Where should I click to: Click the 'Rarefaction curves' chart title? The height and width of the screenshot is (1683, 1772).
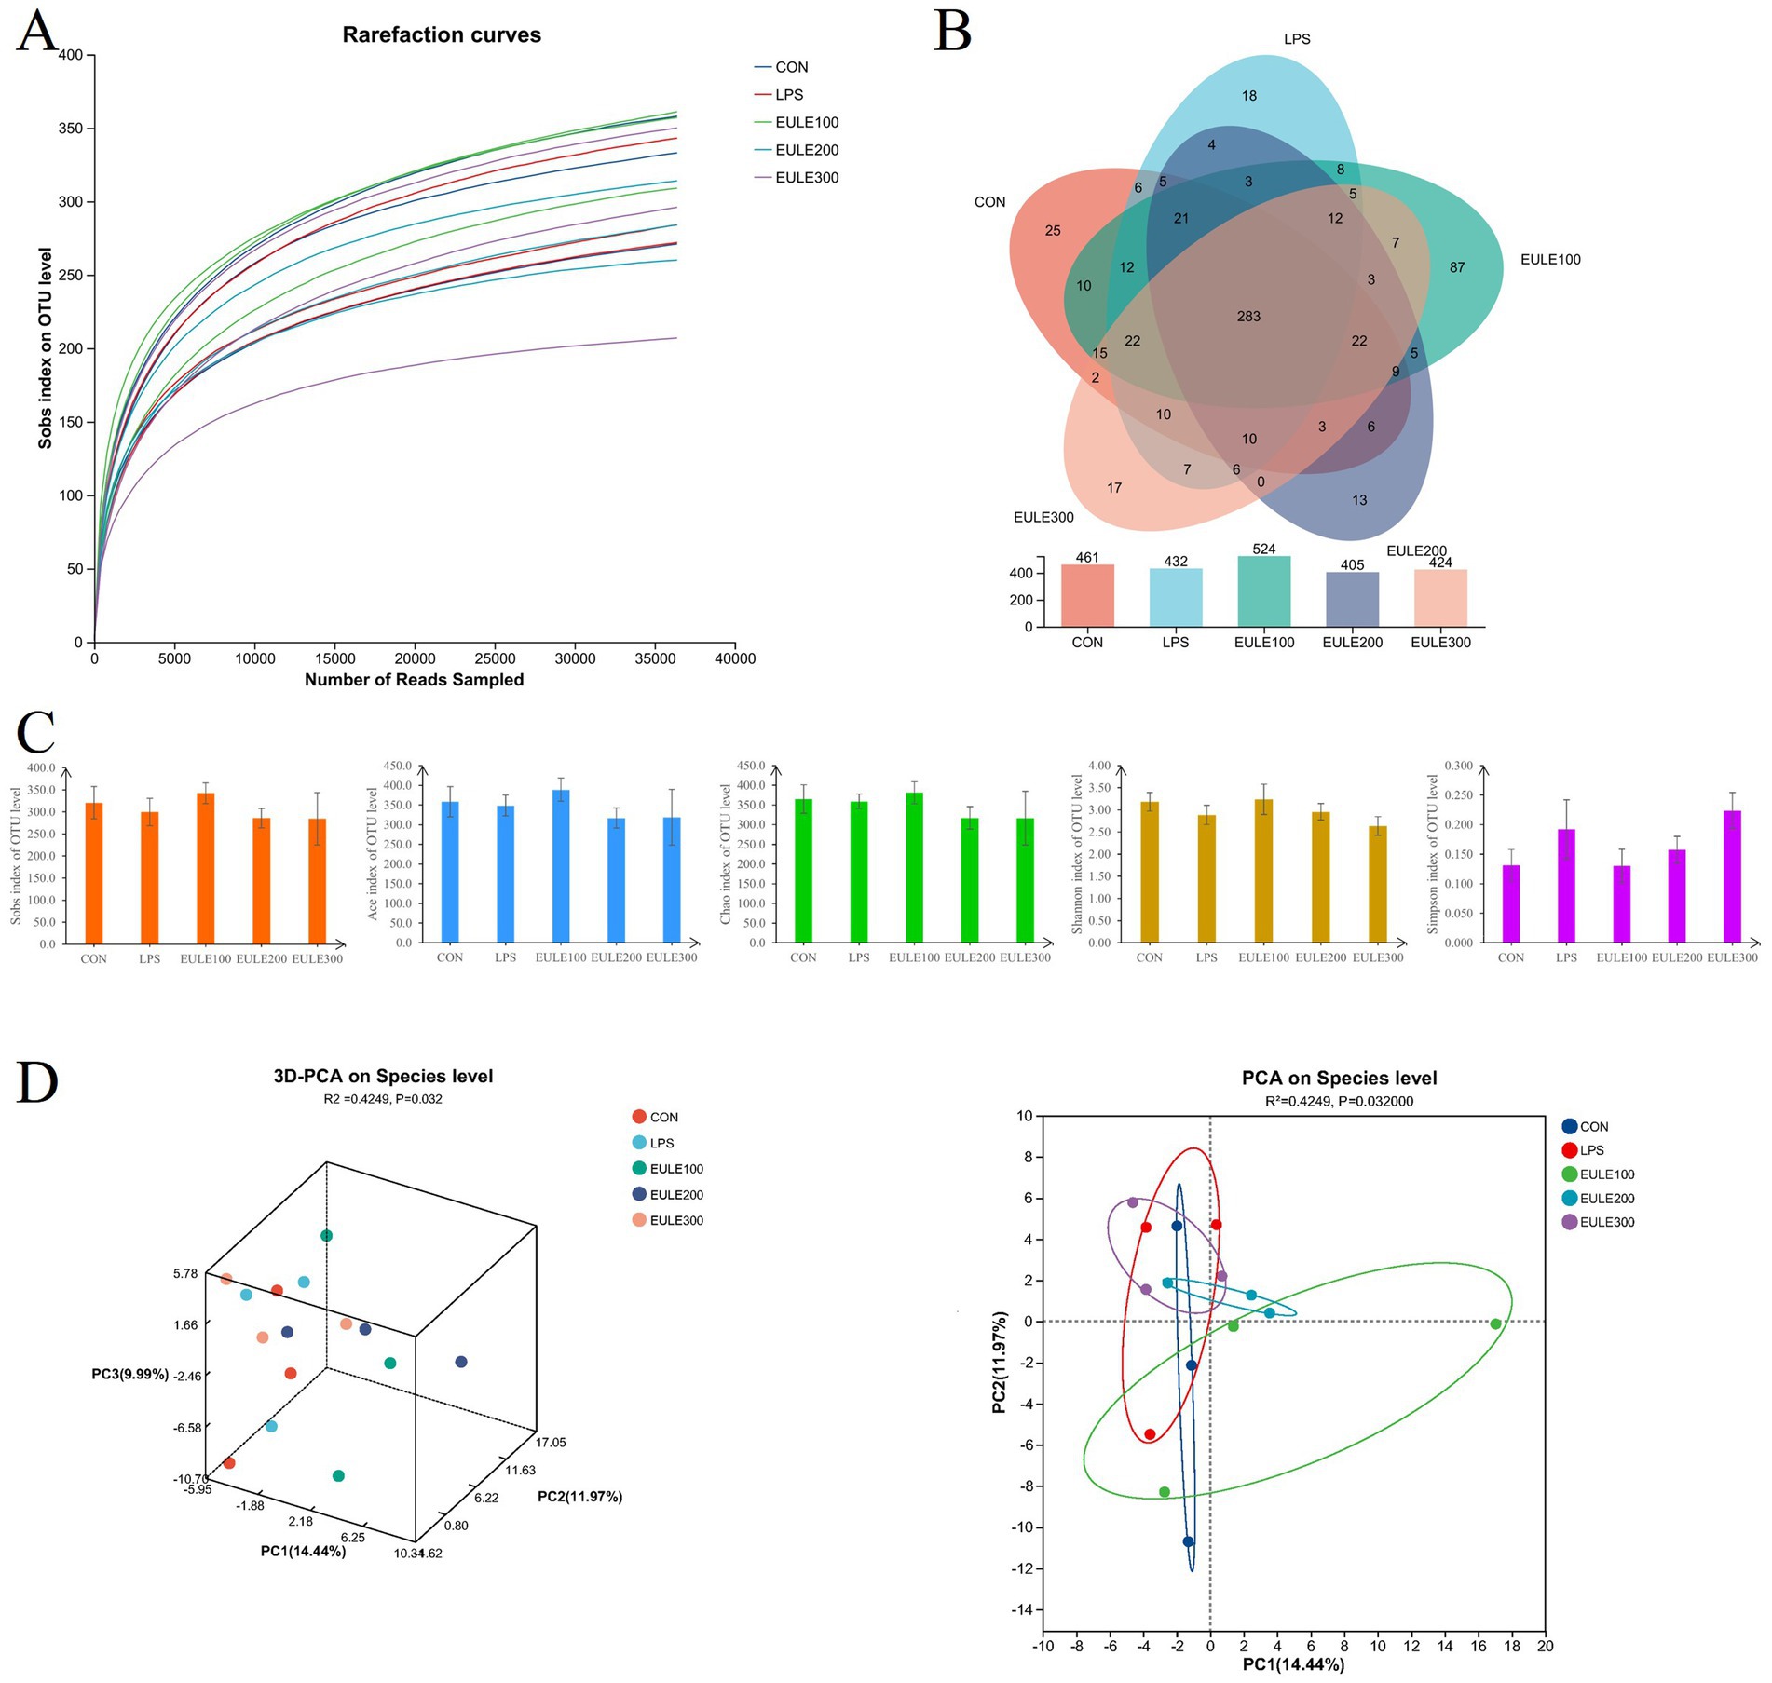coord(442,34)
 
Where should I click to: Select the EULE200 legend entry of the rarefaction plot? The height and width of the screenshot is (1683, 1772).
coord(806,150)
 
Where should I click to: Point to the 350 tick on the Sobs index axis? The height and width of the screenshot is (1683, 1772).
coord(72,129)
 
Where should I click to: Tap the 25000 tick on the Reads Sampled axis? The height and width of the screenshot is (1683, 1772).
coord(495,658)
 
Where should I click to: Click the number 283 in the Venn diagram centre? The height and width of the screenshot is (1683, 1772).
coord(1248,317)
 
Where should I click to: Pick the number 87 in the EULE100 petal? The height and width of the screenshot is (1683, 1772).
coord(1457,267)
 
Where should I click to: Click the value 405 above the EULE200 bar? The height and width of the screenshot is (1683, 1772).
coord(1352,564)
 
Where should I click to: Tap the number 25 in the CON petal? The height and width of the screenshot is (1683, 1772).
coord(1053,230)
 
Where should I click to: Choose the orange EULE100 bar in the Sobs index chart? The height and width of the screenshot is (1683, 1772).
coord(205,866)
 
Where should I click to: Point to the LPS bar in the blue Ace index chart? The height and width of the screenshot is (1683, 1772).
coord(505,874)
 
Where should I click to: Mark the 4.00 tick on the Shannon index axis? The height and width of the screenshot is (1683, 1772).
coord(1099,766)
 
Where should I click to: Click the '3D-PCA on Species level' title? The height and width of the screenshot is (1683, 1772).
coord(383,1076)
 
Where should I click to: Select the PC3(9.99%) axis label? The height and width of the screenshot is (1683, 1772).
coord(130,1374)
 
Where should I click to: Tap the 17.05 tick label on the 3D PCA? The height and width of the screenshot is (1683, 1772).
coord(550,1442)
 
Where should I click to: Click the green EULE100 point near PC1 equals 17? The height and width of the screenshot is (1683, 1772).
coord(1495,1323)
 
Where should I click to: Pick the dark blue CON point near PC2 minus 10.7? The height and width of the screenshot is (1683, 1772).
coord(1188,1541)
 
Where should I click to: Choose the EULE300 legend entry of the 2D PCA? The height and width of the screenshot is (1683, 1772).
coord(1606,1222)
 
